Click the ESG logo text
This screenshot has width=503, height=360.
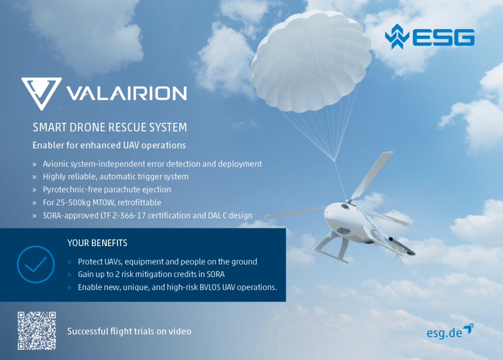[x=444, y=37]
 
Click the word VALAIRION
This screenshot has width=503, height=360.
[x=126, y=93]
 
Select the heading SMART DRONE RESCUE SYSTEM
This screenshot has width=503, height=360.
[x=110, y=127]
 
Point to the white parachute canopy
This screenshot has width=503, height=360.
[x=310, y=61]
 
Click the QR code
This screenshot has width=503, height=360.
[x=36, y=331]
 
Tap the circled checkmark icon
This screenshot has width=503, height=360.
[x=35, y=264]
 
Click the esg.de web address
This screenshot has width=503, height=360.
[x=444, y=332]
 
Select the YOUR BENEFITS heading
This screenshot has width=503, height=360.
[x=97, y=243]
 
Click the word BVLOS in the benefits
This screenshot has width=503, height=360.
[x=210, y=287]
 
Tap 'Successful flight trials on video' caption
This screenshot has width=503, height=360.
[x=129, y=332]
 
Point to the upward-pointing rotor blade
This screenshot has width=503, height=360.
[x=372, y=175]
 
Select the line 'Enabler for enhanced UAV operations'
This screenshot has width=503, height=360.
[x=109, y=145]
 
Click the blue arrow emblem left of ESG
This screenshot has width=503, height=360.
[x=397, y=36]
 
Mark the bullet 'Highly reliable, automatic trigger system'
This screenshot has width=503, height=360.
[x=115, y=177]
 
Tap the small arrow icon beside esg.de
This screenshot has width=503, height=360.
[x=469, y=329]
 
